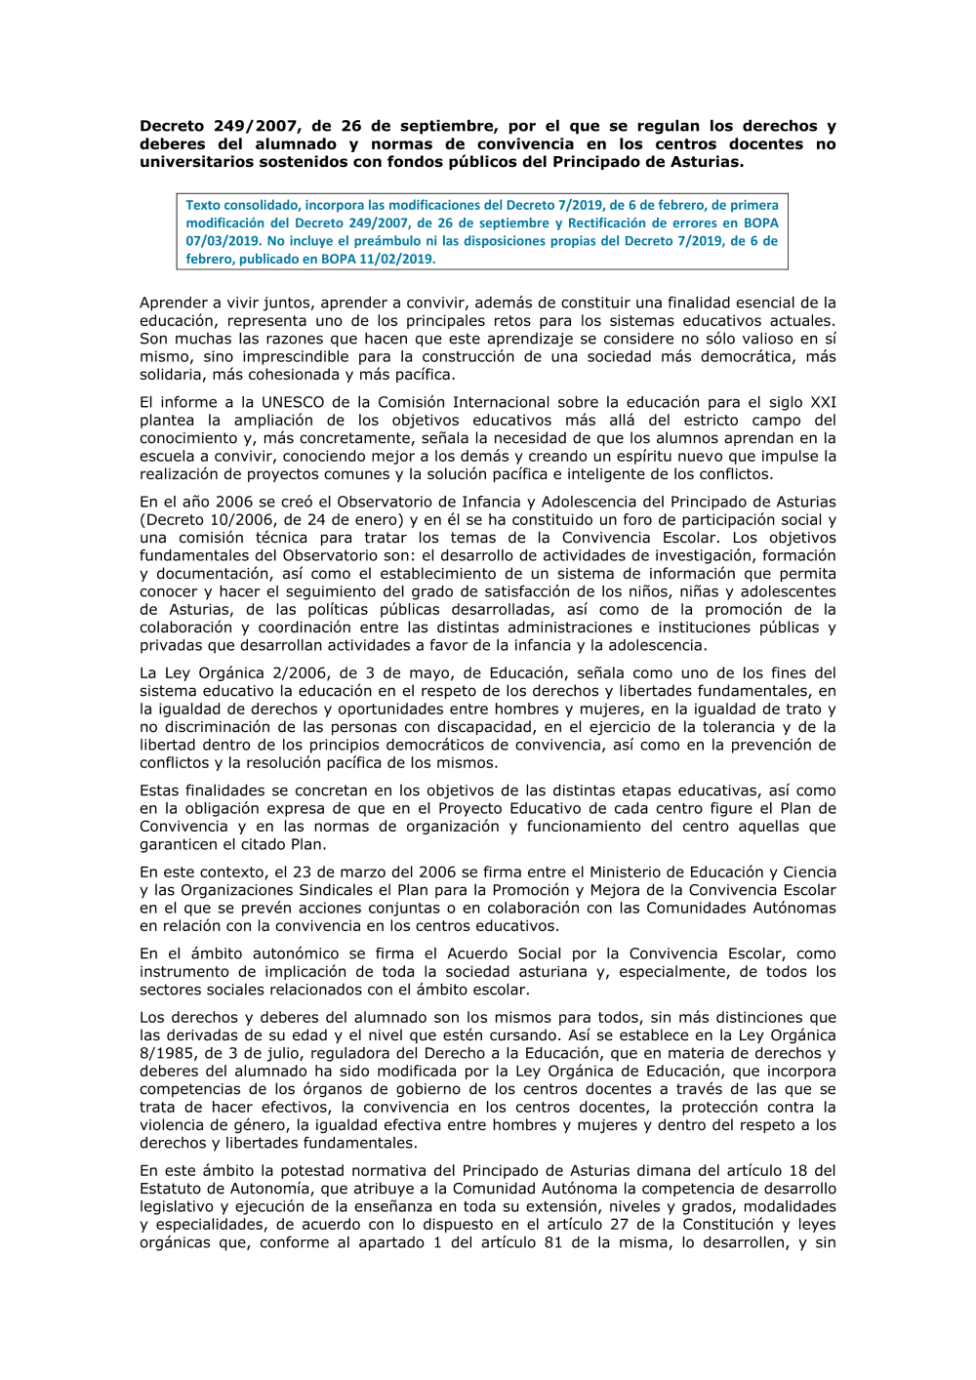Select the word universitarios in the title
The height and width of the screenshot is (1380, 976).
(196, 162)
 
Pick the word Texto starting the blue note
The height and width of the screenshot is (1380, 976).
(203, 205)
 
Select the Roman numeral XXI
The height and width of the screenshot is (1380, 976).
(823, 402)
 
